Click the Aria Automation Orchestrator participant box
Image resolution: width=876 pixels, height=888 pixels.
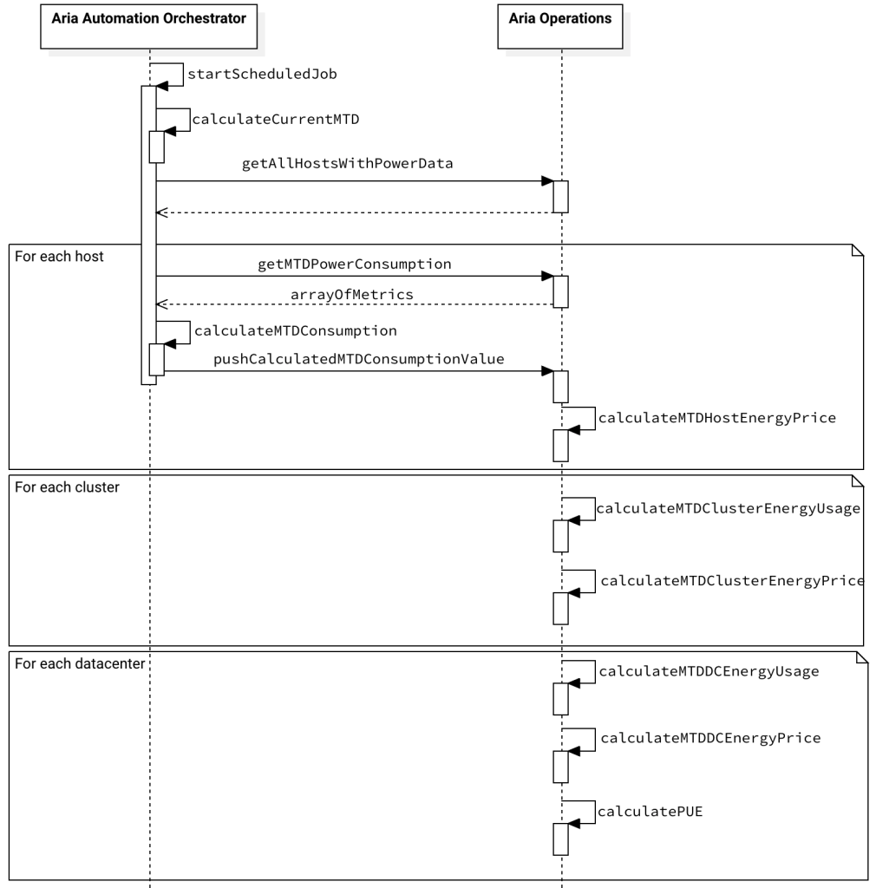tap(149, 27)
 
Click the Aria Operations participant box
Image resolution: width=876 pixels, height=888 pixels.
tap(560, 27)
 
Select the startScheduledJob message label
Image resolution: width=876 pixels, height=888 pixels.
tap(262, 75)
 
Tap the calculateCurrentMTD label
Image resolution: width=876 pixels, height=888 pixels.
tap(276, 120)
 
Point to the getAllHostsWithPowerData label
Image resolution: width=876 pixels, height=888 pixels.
tap(347, 164)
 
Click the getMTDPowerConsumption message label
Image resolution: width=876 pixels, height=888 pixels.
tap(355, 264)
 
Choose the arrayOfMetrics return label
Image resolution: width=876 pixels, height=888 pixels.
tap(351, 295)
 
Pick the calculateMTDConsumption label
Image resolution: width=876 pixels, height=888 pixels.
tap(296, 330)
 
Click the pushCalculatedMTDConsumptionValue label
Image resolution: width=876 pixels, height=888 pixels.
tap(359, 359)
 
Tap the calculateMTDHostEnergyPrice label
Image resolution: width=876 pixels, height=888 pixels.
tap(717, 418)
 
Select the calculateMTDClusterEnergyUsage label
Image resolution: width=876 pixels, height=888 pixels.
tap(729, 508)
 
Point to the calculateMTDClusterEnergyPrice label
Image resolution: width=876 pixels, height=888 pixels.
tap(732, 581)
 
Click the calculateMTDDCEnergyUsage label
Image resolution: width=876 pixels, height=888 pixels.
tap(709, 672)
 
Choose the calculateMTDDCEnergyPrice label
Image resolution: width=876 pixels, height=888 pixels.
tap(710, 739)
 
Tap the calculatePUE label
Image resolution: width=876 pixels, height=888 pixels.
tap(650, 812)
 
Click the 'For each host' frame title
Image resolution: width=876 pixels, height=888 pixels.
tap(59, 257)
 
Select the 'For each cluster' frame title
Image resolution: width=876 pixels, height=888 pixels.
tap(67, 487)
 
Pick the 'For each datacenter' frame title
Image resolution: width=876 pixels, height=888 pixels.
tap(80, 663)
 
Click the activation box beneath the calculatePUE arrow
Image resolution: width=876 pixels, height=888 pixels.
tap(560, 839)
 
